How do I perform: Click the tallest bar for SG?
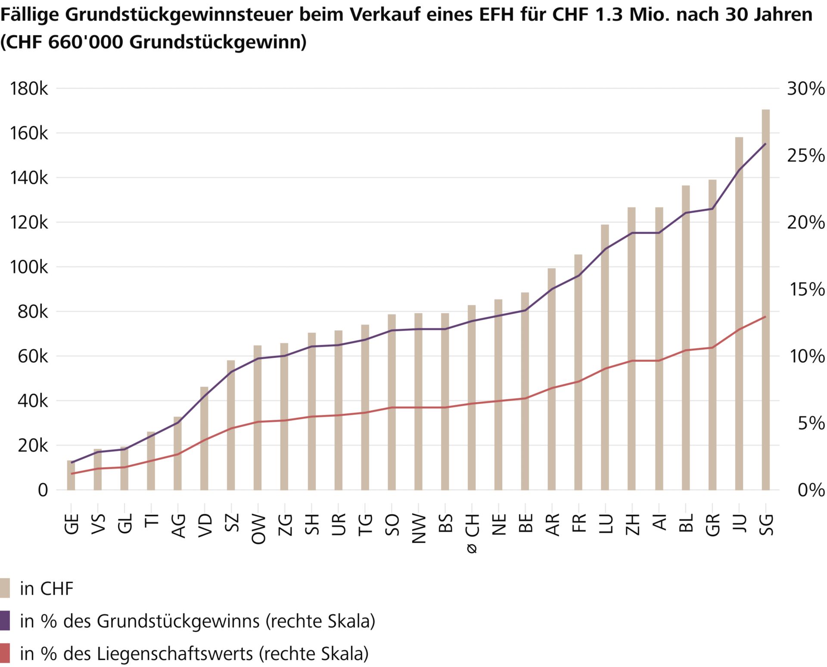(765, 301)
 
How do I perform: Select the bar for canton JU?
(739, 314)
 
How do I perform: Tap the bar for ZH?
(631, 349)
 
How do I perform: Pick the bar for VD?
(204, 439)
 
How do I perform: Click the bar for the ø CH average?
(472, 398)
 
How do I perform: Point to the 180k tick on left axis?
(29, 89)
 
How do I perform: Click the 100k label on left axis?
(29, 267)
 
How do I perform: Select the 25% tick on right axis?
(806, 155)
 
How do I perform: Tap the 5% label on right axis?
(811, 423)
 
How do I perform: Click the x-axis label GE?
(72, 524)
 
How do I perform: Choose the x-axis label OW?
(258, 529)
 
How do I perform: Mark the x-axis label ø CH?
(472, 533)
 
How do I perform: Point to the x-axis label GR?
(713, 524)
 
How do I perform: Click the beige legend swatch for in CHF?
(5, 588)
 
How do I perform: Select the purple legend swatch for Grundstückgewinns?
(5, 620)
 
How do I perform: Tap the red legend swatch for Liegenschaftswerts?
(5, 653)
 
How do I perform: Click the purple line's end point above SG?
(765, 144)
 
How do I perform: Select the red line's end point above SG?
(765, 316)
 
